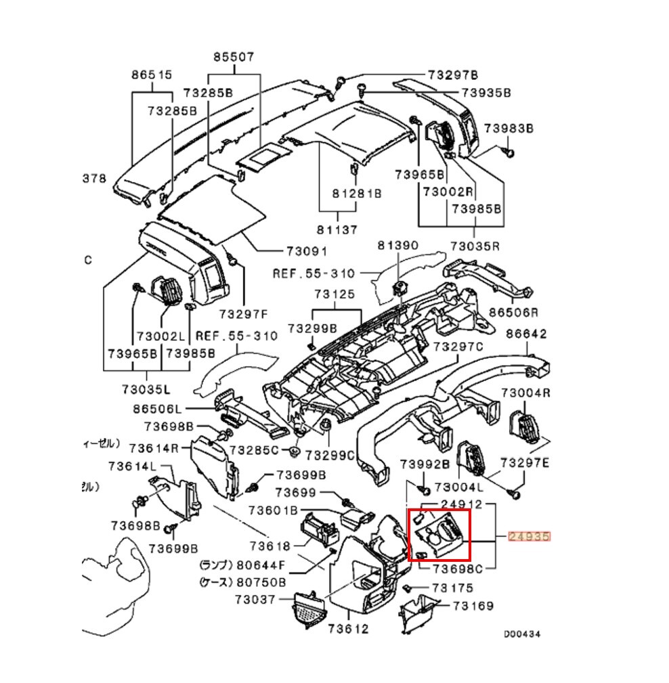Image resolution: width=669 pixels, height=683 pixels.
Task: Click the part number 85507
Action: (234, 58)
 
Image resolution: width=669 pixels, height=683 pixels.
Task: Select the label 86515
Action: (152, 74)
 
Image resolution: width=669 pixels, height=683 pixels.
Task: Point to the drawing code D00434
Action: (521, 634)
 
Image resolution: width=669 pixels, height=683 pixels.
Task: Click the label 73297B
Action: (453, 74)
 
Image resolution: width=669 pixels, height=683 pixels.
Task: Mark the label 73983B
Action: (509, 128)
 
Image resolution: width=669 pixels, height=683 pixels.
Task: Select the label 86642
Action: (526, 334)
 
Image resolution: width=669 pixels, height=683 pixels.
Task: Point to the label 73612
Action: (349, 629)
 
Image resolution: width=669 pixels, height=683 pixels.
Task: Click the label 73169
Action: (473, 606)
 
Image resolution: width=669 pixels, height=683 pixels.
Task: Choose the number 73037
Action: (255, 599)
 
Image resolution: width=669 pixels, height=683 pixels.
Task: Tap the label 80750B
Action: (261, 581)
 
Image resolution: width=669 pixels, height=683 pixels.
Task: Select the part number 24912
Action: (462, 504)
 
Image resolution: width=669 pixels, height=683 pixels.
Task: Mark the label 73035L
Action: (146, 389)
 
